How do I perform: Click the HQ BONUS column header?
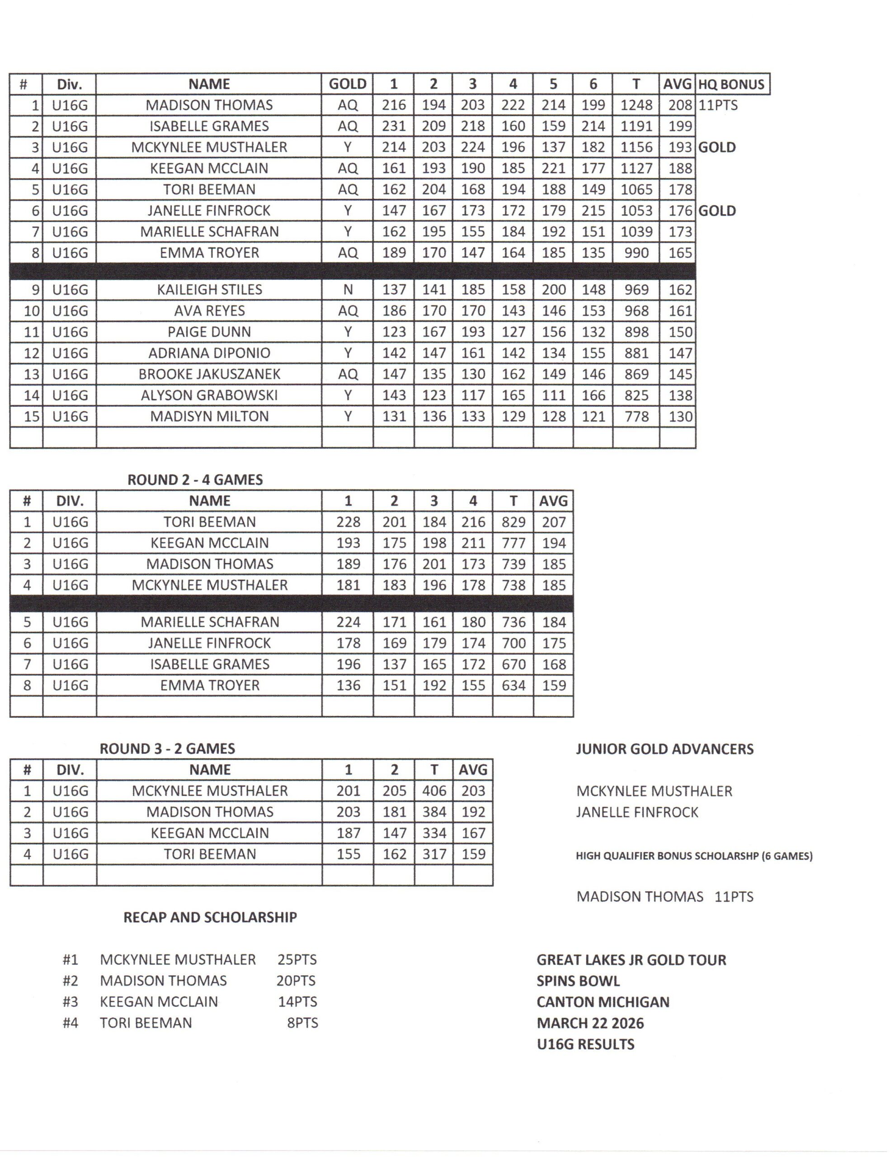[x=731, y=84]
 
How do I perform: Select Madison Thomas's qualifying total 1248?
[x=636, y=105]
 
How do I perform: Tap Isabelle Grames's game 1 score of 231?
[x=393, y=126]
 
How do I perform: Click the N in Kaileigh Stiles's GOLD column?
[x=348, y=290]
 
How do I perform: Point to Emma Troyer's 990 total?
[x=636, y=253]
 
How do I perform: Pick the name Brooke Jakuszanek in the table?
[x=209, y=374]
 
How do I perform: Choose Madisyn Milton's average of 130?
[x=680, y=416]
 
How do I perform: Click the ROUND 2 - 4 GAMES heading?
[x=195, y=480]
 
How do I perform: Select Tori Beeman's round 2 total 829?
[x=513, y=522]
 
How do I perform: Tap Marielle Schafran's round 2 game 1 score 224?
[x=348, y=622]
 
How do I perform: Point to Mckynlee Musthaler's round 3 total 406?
[x=433, y=791]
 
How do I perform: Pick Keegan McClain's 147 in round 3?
[x=394, y=833]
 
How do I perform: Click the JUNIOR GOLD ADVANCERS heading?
[x=664, y=749]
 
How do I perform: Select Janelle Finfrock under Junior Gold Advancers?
[x=637, y=812]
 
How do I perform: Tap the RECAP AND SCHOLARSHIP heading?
[x=210, y=917]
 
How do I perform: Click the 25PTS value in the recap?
[x=297, y=959]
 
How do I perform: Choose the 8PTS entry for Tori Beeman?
[x=302, y=1022]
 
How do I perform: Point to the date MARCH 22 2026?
[x=590, y=1023]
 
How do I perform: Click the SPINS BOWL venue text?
[x=578, y=981]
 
